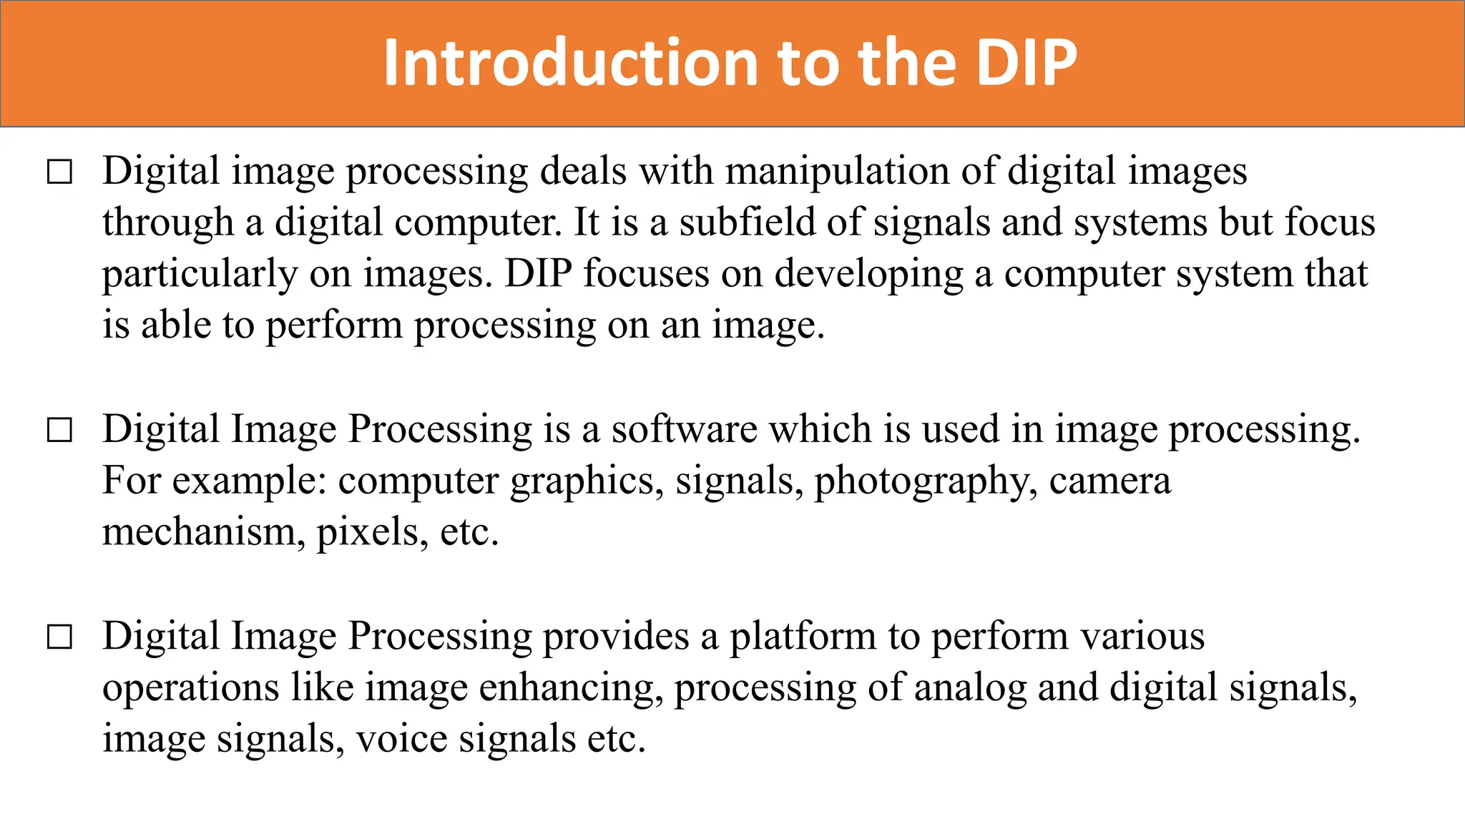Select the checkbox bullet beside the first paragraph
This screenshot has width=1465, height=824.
point(59,172)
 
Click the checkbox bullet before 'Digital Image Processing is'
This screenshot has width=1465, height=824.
point(59,431)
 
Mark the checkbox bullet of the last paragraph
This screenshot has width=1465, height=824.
point(59,637)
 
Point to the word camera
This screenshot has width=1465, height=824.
point(1109,481)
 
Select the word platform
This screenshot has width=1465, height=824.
point(802,637)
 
